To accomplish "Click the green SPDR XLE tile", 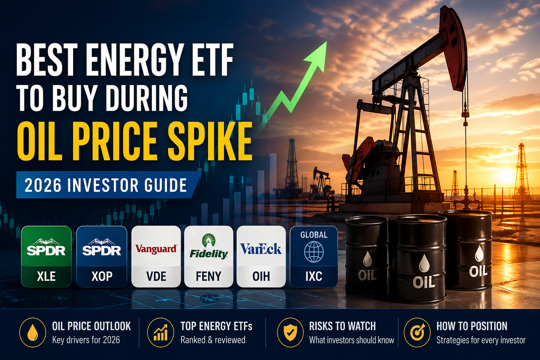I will click(x=46, y=257).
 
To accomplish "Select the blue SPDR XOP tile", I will click(x=102, y=257).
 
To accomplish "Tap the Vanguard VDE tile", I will click(x=156, y=257).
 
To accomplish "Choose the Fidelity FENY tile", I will click(x=208, y=257).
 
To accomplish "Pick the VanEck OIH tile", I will click(x=261, y=257).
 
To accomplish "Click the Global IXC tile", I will click(x=314, y=257).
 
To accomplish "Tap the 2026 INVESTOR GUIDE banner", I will click(x=105, y=185).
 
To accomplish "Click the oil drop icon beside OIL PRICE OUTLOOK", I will click(x=33, y=332).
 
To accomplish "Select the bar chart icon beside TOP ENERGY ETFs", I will click(x=161, y=332).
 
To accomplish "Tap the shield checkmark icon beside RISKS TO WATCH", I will click(x=290, y=332).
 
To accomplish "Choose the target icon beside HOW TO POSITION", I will click(x=417, y=332).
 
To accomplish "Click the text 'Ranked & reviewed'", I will click(x=213, y=340).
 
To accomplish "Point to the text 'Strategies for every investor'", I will click(x=481, y=340).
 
